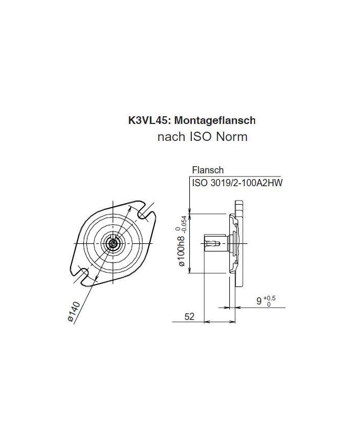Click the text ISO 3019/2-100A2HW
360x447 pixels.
pyautogui.click(x=237, y=183)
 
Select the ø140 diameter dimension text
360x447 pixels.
pyautogui.click(x=76, y=311)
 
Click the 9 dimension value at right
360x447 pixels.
pyautogui.click(x=259, y=301)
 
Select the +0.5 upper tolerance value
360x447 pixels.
pyautogui.click(x=269, y=297)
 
